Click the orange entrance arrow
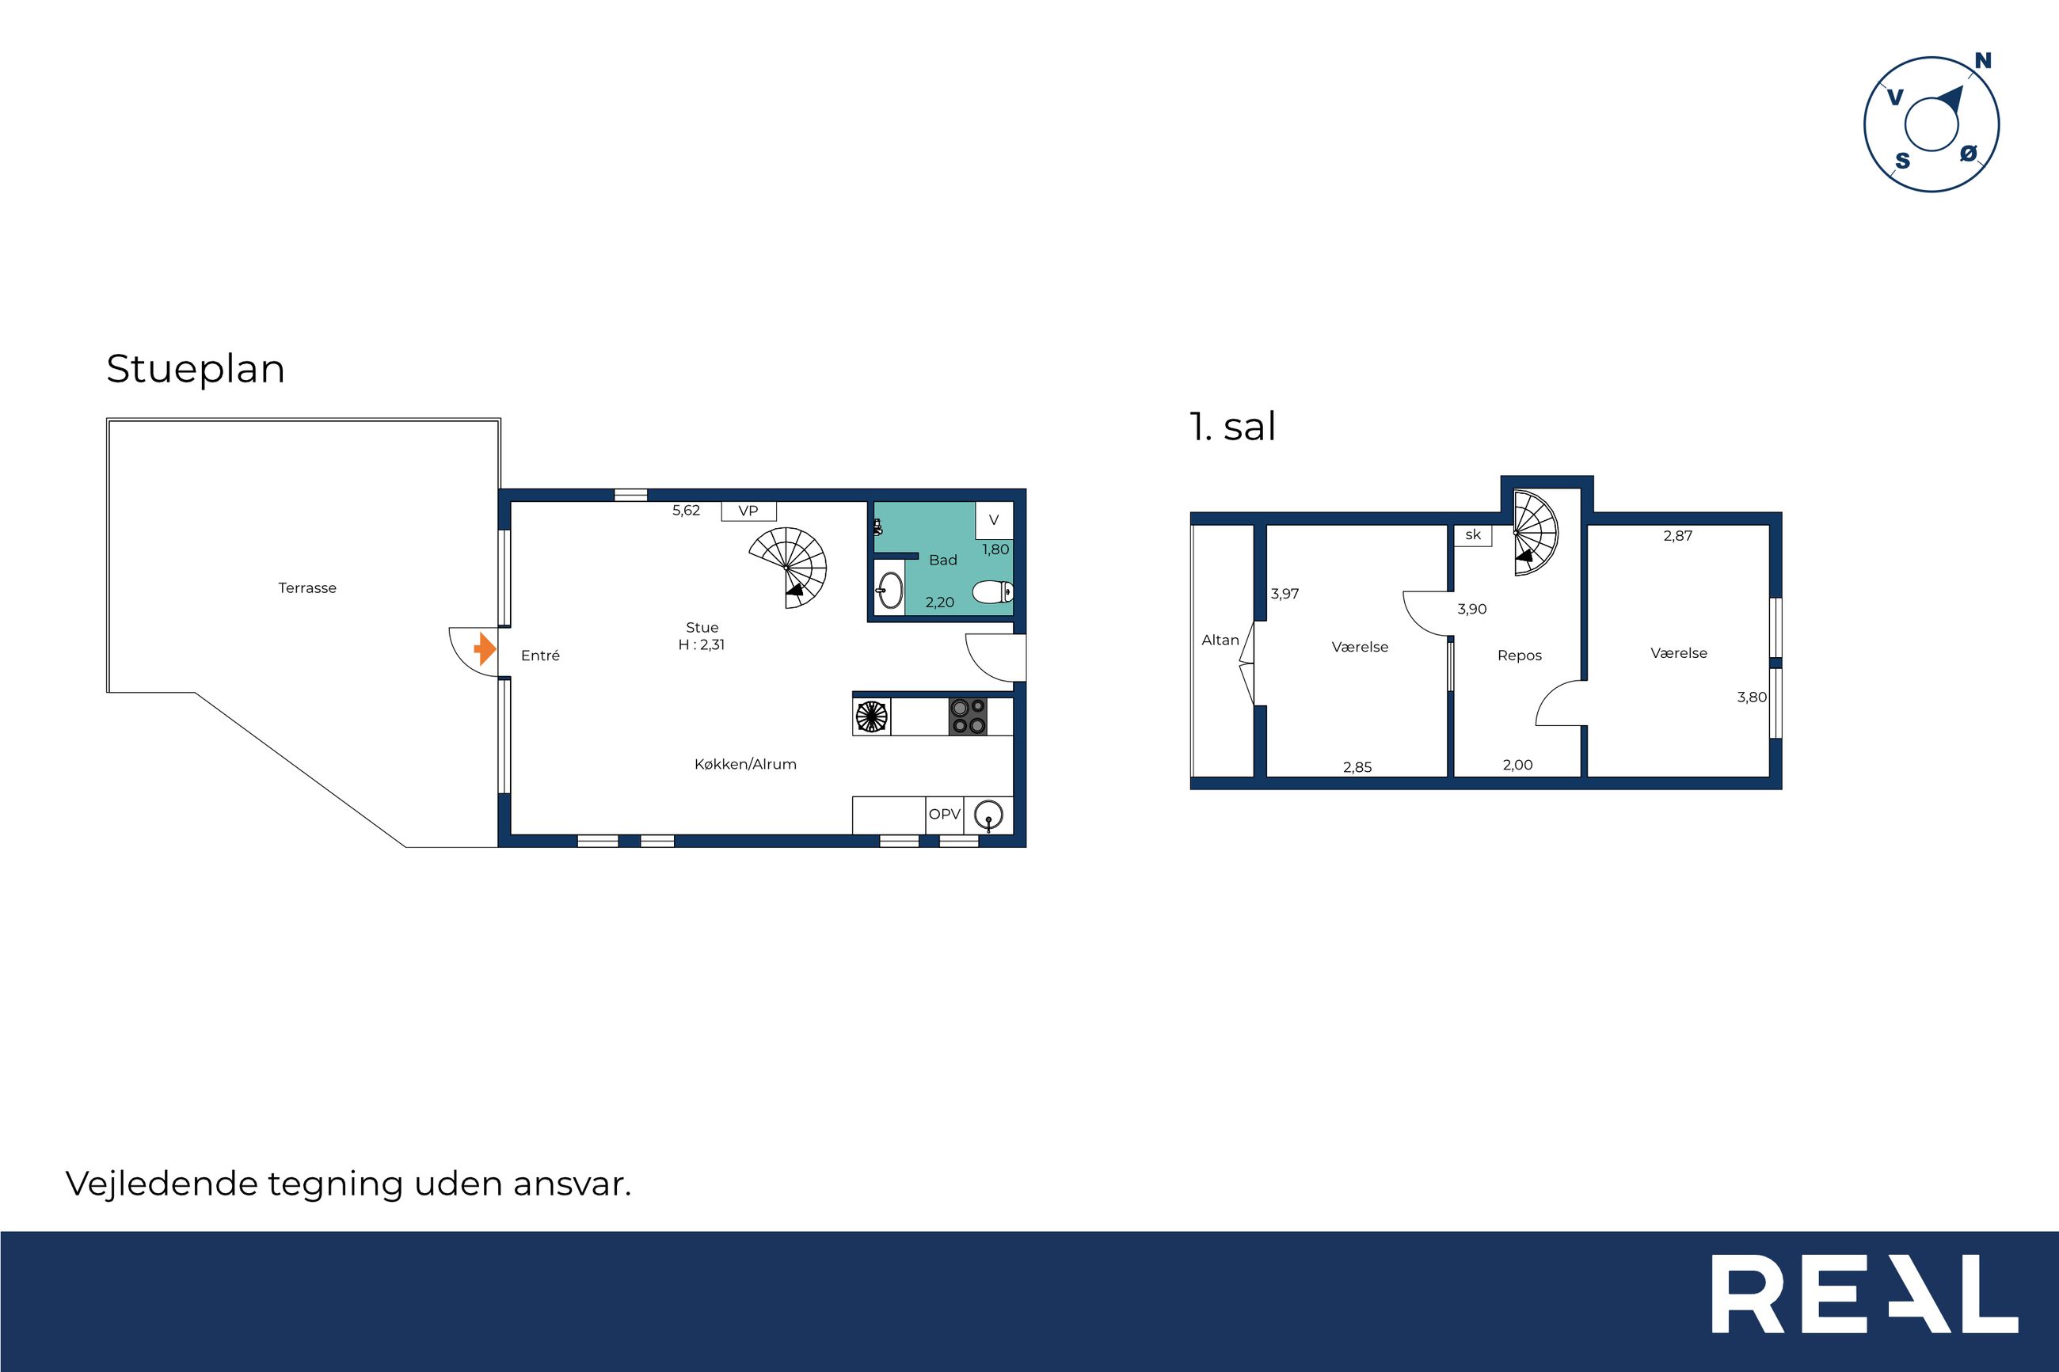(x=485, y=649)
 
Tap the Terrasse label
(x=307, y=588)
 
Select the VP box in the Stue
(x=748, y=511)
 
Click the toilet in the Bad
(x=993, y=592)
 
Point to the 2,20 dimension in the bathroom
(x=940, y=602)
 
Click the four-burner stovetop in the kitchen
(x=969, y=716)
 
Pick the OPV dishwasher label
(x=944, y=814)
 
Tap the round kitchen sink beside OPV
(x=988, y=815)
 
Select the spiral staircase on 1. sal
(x=1536, y=533)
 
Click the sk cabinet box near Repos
(x=1473, y=534)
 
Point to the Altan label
(x=1220, y=640)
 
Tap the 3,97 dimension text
(x=1284, y=593)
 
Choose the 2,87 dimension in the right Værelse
(x=1677, y=535)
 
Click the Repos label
(x=1519, y=656)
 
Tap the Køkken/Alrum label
(x=745, y=764)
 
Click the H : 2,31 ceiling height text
(x=702, y=645)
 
